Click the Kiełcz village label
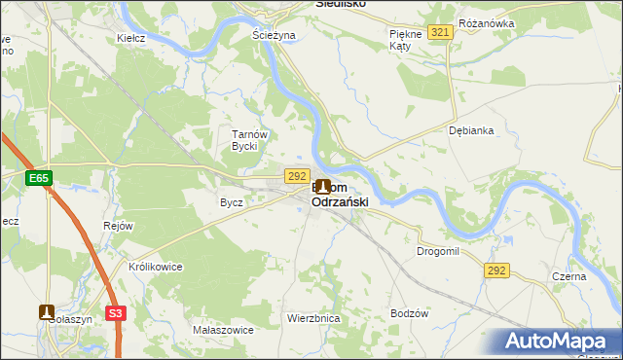tap(130, 38)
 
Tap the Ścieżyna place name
tap(273, 34)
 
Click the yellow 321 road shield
tap(440, 33)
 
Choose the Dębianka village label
tap(472, 130)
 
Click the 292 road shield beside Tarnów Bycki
tap(298, 175)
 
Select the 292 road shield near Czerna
tap(495, 270)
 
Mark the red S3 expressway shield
tap(116, 312)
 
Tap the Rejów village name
tap(117, 226)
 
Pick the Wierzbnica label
tap(312, 318)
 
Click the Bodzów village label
tap(409, 313)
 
